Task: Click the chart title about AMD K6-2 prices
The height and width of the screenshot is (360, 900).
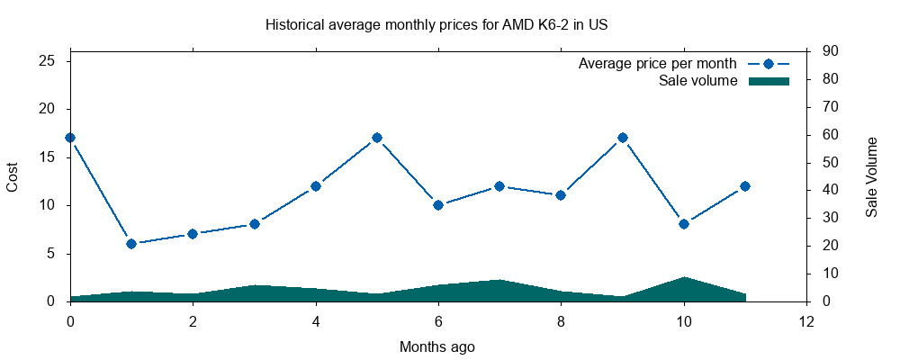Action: click(436, 25)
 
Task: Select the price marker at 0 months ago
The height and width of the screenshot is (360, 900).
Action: click(70, 138)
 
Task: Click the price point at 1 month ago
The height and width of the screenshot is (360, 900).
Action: click(131, 244)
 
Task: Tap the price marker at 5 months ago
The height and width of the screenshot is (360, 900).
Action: click(377, 138)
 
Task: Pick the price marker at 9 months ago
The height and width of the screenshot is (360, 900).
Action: click(622, 138)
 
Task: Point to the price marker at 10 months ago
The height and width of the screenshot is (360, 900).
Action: click(684, 224)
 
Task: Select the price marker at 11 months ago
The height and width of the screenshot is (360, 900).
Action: click(745, 186)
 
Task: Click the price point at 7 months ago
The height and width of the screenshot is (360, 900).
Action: click(499, 186)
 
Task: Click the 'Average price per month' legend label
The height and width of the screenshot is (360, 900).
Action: click(658, 64)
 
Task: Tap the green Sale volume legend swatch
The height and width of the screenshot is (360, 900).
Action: click(769, 81)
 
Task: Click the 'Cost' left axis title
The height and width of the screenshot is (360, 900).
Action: click(13, 176)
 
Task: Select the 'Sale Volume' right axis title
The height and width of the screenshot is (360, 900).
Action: click(871, 176)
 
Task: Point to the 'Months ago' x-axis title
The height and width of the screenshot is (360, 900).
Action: click(437, 346)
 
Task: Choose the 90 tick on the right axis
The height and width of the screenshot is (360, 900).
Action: click(831, 51)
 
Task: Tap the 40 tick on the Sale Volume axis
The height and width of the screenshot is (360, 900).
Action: click(831, 190)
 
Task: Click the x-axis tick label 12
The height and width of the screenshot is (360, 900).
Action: click(806, 320)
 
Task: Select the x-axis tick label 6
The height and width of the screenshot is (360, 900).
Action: click(438, 320)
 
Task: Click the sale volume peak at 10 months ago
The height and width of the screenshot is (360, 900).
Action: click(684, 278)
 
